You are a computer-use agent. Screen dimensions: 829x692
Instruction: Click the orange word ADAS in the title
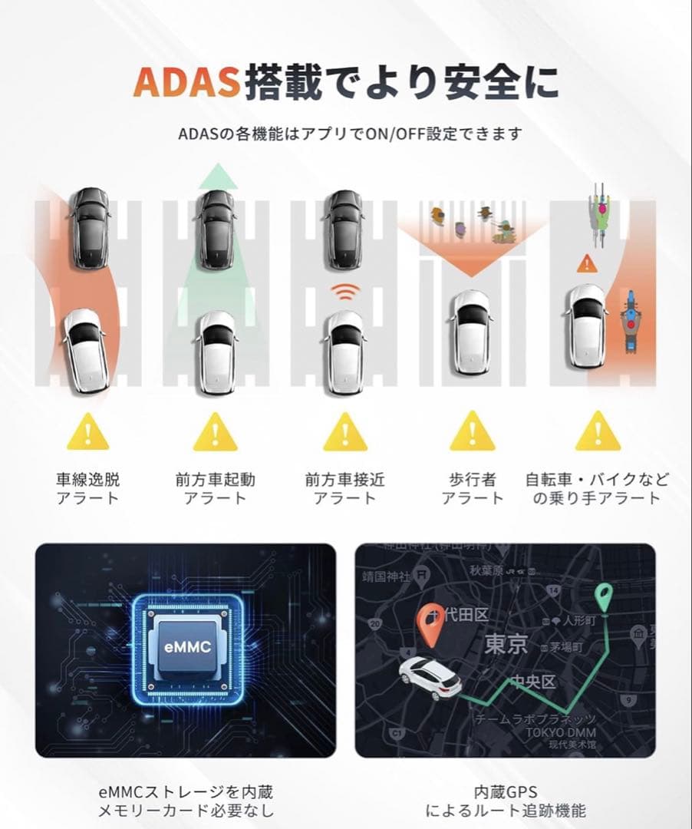[x=186, y=83]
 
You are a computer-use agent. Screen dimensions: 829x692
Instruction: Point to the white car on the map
[x=430, y=677]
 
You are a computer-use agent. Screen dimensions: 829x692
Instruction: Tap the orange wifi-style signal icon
[x=344, y=293]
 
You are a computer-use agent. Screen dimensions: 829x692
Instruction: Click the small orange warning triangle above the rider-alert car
[x=587, y=263]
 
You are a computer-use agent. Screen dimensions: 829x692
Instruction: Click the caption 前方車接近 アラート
[x=344, y=489]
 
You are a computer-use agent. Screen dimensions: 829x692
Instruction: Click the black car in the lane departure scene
[x=90, y=228]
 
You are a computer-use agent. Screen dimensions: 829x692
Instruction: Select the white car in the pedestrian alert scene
[x=470, y=332]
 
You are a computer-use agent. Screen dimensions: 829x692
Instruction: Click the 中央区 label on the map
[x=533, y=682]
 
